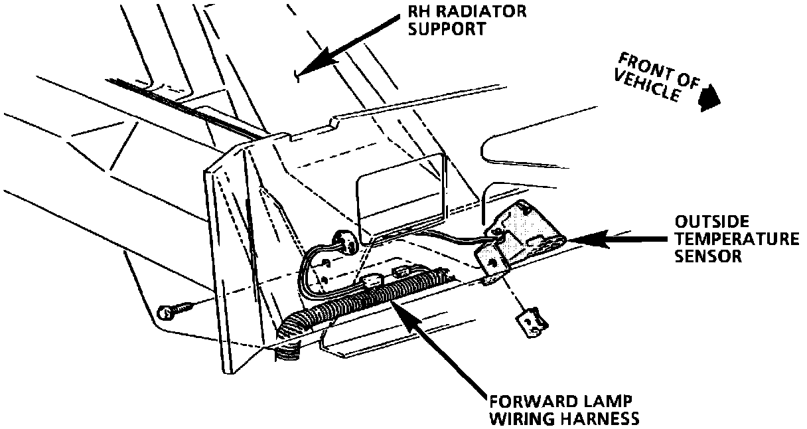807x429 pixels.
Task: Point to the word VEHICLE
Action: pyautogui.click(x=647, y=86)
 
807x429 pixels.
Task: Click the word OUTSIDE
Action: pyautogui.click(x=706, y=220)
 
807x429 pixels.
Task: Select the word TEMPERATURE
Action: pyautogui.click(x=737, y=238)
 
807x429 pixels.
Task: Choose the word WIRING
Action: pyautogui.click(x=516, y=419)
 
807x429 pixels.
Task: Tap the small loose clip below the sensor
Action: pyautogui.click(x=532, y=322)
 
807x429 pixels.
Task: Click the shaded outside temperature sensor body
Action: pyautogui.click(x=528, y=232)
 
